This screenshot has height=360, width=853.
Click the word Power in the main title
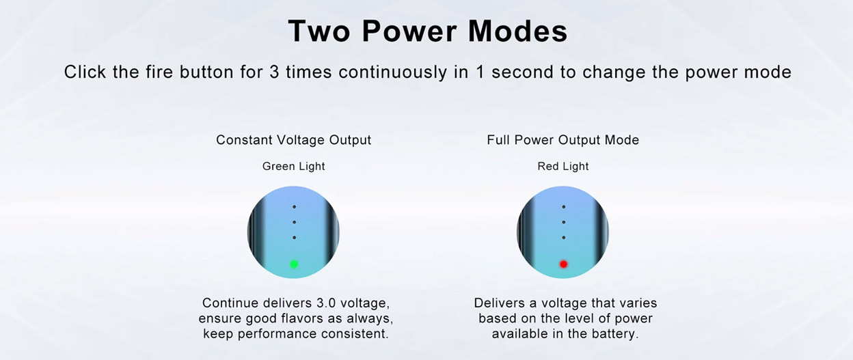tap(409, 31)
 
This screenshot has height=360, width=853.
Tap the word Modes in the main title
tap(518, 31)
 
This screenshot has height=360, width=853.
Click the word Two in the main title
tap(319, 31)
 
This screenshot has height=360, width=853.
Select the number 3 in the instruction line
tap(274, 72)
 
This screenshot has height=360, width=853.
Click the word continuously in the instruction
tap(392, 72)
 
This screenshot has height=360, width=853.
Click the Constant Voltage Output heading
tap(294, 140)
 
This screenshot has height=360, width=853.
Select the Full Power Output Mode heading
tap(563, 140)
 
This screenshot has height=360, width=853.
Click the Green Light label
tap(294, 166)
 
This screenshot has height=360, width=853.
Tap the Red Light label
tap(563, 166)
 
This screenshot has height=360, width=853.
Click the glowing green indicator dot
tap(294, 264)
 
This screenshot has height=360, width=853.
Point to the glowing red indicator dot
tap(564, 264)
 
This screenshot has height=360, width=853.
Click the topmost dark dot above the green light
tap(294, 207)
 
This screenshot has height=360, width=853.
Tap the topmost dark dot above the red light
tap(564, 207)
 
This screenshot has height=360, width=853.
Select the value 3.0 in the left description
tap(326, 303)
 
